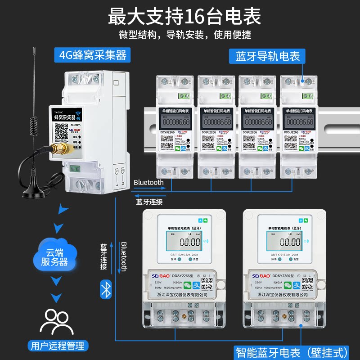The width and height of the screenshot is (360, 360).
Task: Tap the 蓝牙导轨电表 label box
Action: pos(267,57)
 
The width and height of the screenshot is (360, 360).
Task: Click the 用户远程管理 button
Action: pos(57,345)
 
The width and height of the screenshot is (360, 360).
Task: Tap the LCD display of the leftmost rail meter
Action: pos(174,122)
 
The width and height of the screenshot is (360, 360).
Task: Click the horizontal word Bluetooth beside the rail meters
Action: pos(148,182)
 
